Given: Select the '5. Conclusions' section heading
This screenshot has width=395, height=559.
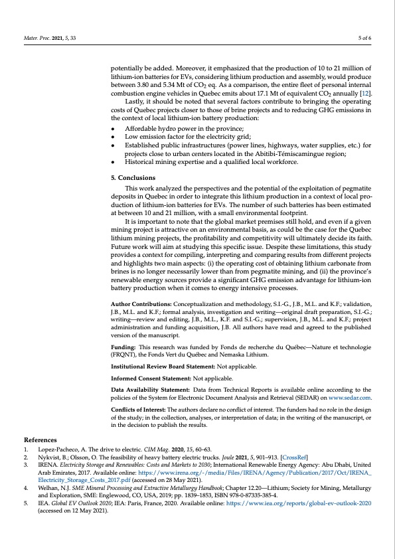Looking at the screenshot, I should pos(133,178).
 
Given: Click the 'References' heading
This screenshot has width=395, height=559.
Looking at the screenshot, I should pos(41,439).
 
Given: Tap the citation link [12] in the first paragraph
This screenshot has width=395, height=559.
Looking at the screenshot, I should pos(364,94).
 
